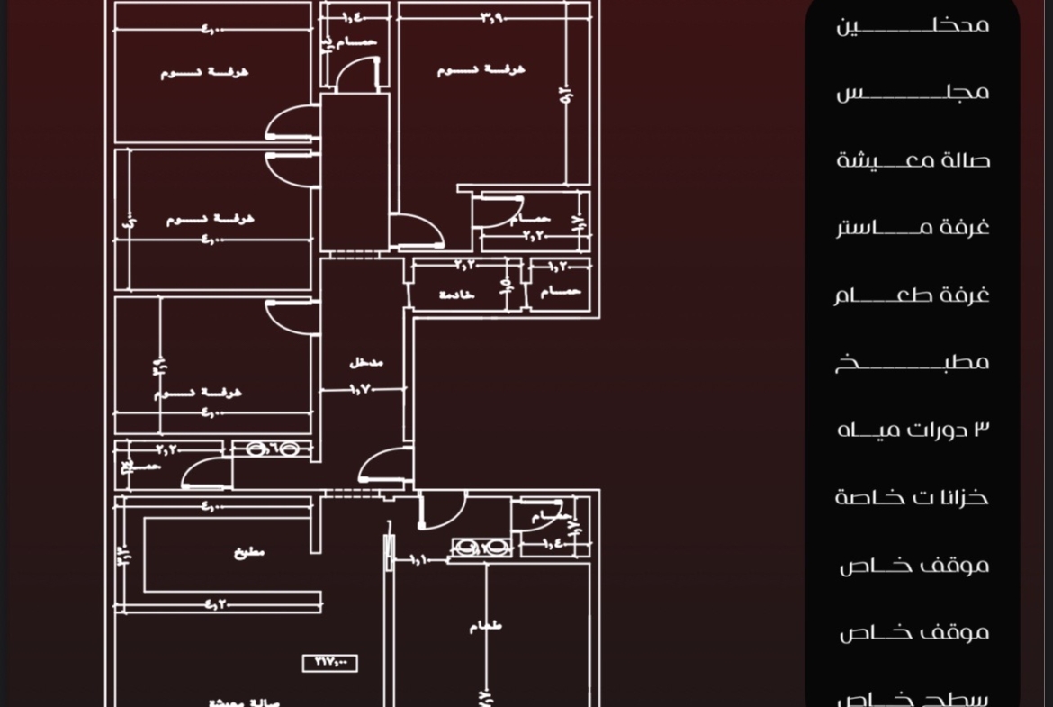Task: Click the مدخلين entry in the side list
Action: point(913,25)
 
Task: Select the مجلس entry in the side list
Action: point(913,92)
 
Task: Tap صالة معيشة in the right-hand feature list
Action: point(913,161)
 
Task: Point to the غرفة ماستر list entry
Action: point(913,227)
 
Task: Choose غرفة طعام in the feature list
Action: point(912,295)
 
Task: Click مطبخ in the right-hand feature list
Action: point(913,362)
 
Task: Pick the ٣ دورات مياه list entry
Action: point(913,430)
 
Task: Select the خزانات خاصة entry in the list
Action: point(912,497)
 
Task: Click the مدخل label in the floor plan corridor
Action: point(366,363)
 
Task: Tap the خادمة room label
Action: point(456,295)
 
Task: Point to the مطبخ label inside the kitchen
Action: point(250,553)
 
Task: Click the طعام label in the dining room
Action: point(486,626)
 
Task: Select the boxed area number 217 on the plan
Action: point(330,663)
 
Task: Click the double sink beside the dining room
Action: point(481,548)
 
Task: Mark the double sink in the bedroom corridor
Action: point(272,449)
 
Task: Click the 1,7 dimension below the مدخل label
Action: point(362,390)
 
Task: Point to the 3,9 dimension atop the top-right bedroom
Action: point(491,17)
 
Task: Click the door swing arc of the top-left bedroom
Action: point(290,122)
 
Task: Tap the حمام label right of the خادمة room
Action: point(560,292)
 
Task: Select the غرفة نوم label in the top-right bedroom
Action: point(481,69)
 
